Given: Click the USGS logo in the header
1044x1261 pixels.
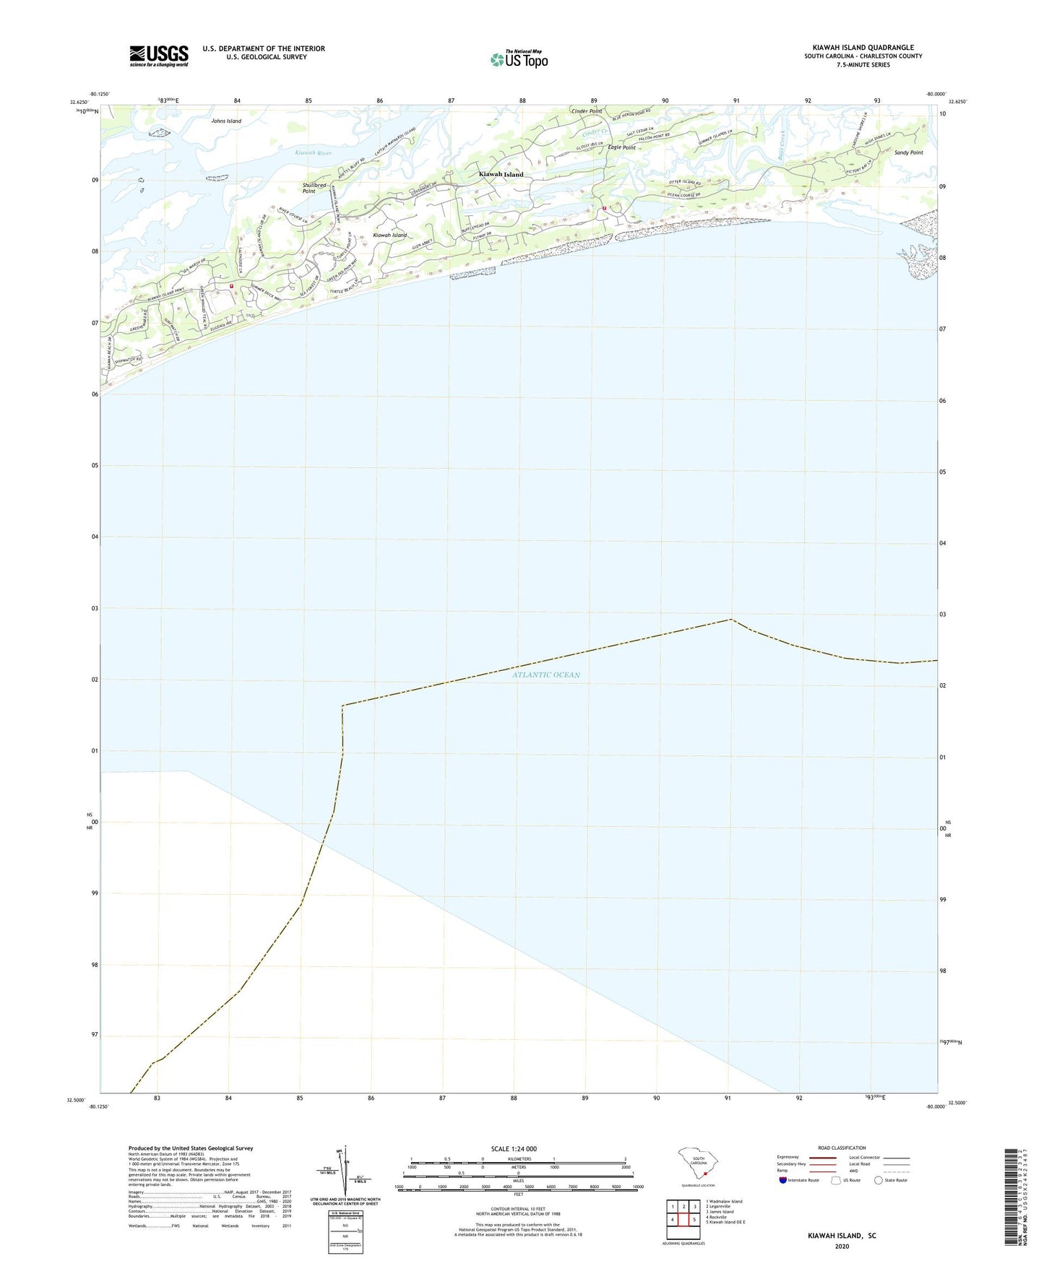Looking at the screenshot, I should pyautogui.click(x=159, y=56).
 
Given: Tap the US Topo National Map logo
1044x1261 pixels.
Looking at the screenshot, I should pyautogui.click(x=519, y=58).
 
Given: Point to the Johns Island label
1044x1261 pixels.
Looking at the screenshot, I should pyautogui.click(x=226, y=121).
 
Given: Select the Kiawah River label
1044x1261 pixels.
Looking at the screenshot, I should pyautogui.click(x=314, y=153).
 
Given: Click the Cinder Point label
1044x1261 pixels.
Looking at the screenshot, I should pyautogui.click(x=586, y=111).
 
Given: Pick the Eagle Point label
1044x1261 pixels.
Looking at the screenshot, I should pyautogui.click(x=621, y=147).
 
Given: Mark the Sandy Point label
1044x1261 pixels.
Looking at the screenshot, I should pyautogui.click(x=908, y=153).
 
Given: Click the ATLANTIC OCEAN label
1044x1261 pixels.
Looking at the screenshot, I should pyautogui.click(x=546, y=675).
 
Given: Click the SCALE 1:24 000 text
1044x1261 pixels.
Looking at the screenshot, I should pyautogui.click(x=514, y=1149).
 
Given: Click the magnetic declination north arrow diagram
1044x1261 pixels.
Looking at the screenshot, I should pyautogui.click(x=345, y=1171).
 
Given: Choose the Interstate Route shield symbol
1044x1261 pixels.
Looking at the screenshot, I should pyautogui.click(x=783, y=1180).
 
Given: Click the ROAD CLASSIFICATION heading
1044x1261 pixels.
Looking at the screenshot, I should pyautogui.click(x=842, y=1148).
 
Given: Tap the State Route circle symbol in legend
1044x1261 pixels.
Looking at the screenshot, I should pyautogui.click(x=879, y=1180).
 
